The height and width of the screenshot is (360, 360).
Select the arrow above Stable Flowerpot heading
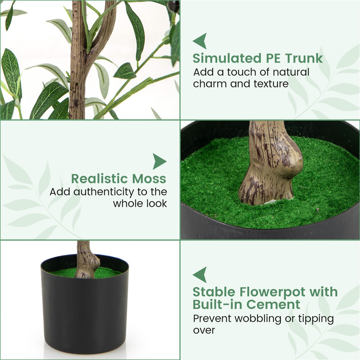click(x=200, y=275)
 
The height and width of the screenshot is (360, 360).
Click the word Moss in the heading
click(x=149, y=179)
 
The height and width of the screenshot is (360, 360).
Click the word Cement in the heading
click(x=273, y=305)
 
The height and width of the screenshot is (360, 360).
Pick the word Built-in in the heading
click(x=218, y=305)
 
